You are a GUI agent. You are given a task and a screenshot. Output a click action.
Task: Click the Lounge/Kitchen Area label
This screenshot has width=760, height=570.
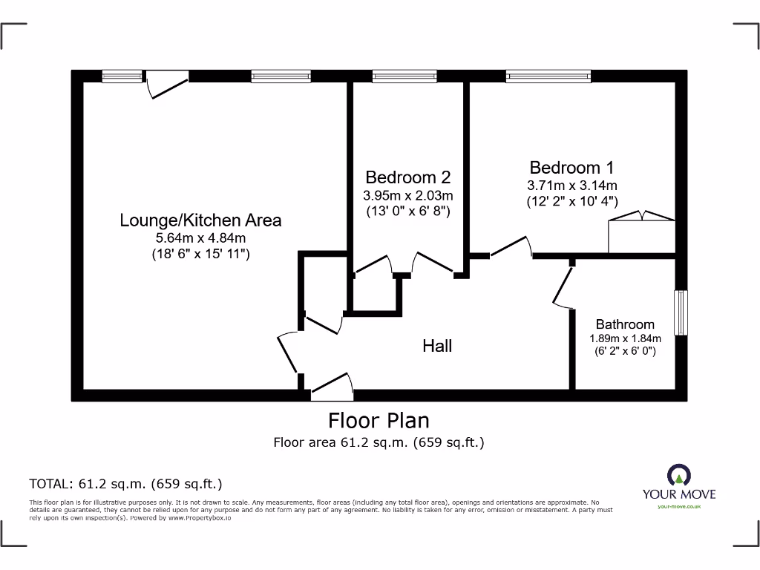click(200, 220)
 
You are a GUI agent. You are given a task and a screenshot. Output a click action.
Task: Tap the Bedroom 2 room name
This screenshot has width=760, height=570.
click(407, 177)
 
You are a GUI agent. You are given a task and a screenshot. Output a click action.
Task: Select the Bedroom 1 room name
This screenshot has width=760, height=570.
click(571, 167)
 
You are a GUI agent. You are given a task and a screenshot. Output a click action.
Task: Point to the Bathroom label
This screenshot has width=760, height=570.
click(625, 324)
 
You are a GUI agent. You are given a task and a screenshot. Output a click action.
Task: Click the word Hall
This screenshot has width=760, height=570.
click(437, 345)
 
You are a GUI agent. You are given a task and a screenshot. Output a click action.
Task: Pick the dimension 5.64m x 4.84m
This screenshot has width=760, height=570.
click(200, 238)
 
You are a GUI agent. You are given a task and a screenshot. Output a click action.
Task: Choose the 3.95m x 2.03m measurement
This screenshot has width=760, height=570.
click(407, 196)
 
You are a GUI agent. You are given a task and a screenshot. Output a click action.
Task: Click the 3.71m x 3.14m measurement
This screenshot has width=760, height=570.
click(571, 186)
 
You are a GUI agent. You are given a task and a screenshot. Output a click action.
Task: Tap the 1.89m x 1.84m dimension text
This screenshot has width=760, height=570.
click(625, 339)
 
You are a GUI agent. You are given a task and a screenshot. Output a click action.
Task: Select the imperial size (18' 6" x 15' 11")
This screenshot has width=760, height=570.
click(200, 255)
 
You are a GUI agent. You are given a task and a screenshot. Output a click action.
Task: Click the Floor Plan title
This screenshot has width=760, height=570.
click(379, 421)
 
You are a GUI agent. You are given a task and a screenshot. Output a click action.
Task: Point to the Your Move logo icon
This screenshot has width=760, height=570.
click(679, 474)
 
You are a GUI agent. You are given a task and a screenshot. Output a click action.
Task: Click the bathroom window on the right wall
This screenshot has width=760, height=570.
click(681, 312)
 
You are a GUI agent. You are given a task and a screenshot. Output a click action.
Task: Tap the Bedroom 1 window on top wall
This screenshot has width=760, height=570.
click(548, 75)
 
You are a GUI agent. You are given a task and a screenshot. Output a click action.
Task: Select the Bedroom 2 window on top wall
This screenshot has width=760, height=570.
click(404, 75)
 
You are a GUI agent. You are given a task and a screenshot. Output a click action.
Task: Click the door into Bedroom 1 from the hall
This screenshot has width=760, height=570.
click(511, 248)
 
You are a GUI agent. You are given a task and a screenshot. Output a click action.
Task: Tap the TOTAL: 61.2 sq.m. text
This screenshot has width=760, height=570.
click(125, 485)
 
